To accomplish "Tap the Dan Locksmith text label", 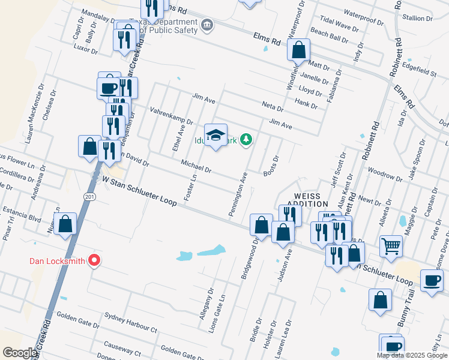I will pyautogui.click(x=58, y=261).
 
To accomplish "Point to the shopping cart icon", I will pyautogui.click(x=391, y=245).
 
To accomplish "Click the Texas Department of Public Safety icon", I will pyautogui.click(x=207, y=24).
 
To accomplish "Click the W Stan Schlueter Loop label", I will pyautogui.click(x=139, y=191).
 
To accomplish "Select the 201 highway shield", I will pyautogui.click(x=89, y=197).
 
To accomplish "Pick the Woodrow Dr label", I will pyautogui.click(x=385, y=174).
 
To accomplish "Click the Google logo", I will pyautogui.click(x=20, y=353).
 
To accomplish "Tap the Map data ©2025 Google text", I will pyautogui.click(x=412, y=355).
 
